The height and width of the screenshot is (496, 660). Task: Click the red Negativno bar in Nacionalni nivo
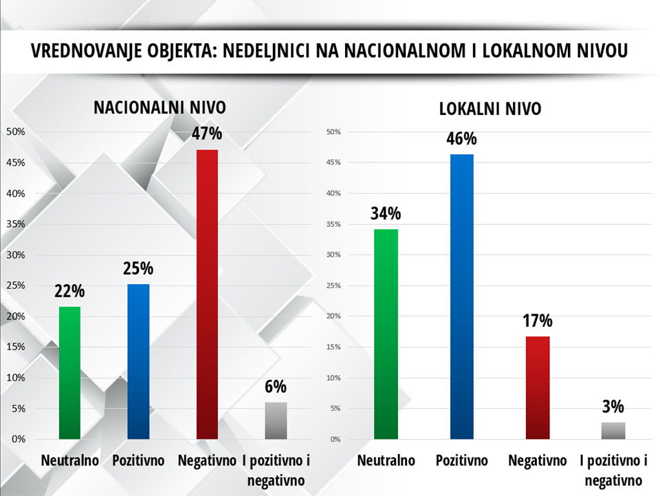[x=207, y=294]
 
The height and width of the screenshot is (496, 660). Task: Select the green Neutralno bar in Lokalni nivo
[x=386, y=334]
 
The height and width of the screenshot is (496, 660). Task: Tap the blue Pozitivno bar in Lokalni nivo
[x=462, y=296]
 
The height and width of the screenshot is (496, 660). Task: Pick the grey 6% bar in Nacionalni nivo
[x=276, y=420]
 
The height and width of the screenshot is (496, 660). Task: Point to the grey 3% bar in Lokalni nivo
[x=613, y=431]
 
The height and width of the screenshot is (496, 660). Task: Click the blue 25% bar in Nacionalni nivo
[x=138, y=361]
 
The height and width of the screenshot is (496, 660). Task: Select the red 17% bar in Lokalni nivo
[x=538, y=387]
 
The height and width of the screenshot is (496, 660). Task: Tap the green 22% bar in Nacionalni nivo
[x=70, y=372]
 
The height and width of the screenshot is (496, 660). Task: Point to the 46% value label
[x=461, y=139]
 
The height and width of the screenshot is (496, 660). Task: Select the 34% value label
[x=386, y=213]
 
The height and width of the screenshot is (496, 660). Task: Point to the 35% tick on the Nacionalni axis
[x=16, y=224]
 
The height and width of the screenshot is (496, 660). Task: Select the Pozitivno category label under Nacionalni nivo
[x=139, y=460]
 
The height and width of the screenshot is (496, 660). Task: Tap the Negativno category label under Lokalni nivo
[x=538, y=460]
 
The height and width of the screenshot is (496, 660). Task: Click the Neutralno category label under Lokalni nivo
[x=386, y=460]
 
